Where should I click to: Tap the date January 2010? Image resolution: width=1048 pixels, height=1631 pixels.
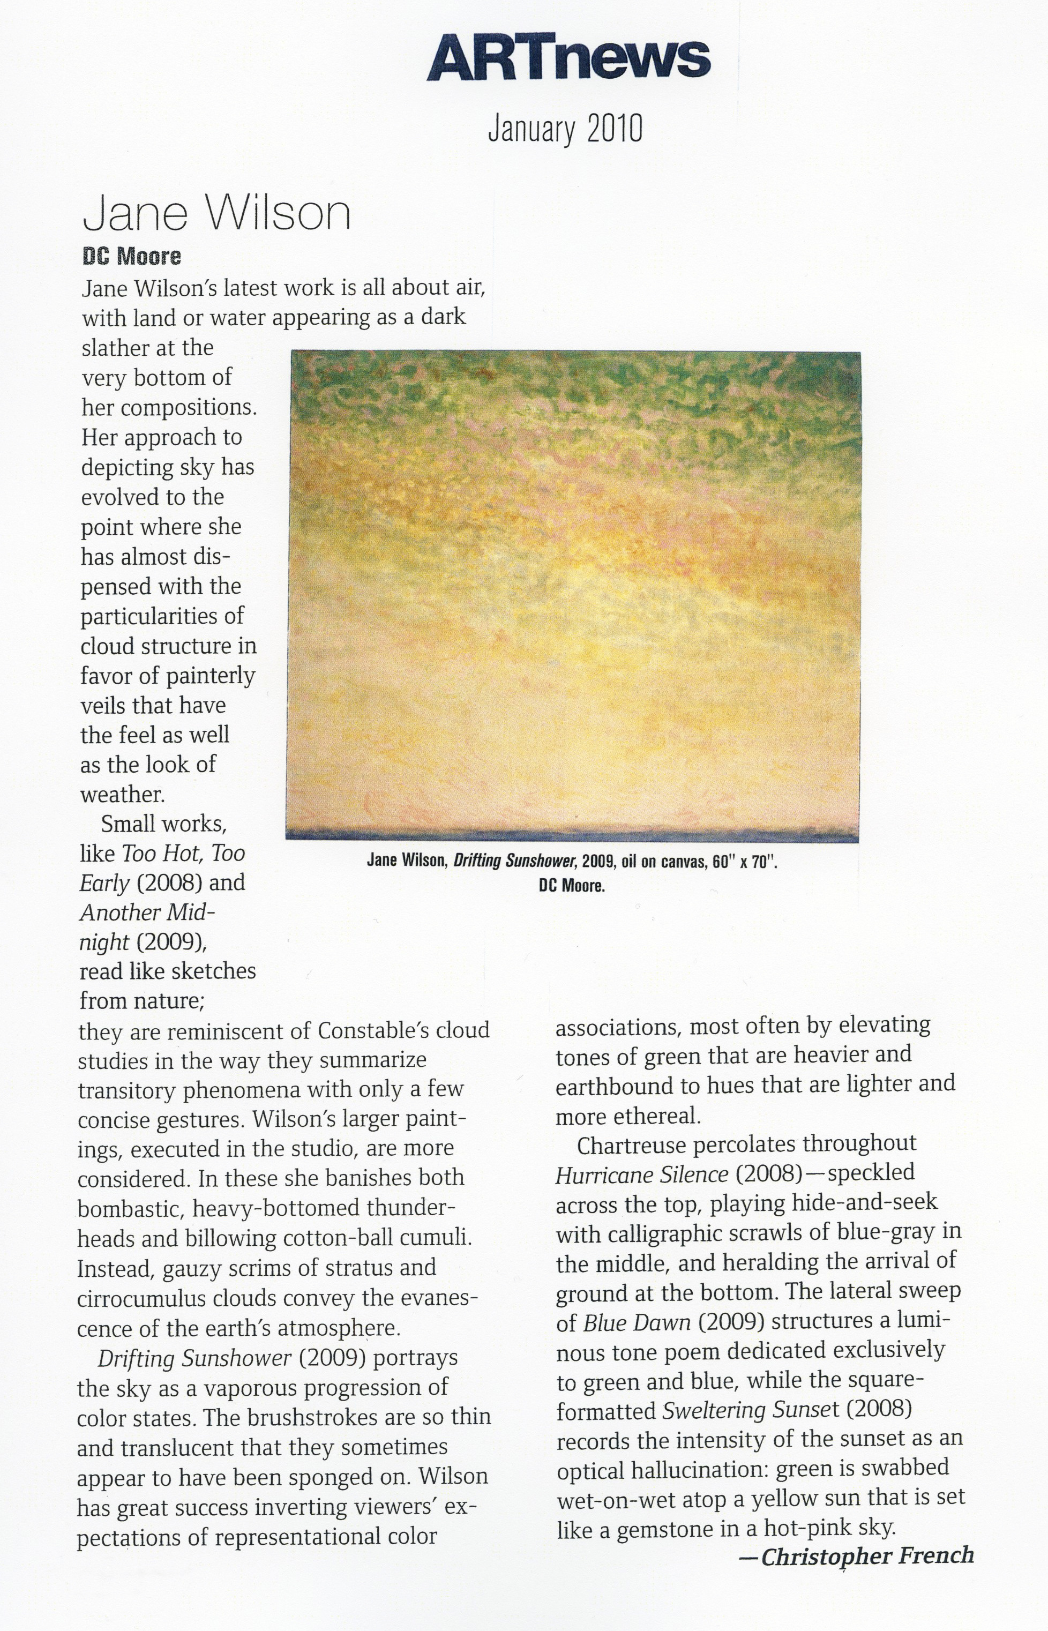pyautogui.click(x=565, y=129)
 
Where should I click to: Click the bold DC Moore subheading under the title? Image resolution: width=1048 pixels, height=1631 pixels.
pyautogui.click(x=131, y=257)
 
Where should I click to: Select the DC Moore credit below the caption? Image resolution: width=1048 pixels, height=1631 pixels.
pyautogui.click(x=572, y=886)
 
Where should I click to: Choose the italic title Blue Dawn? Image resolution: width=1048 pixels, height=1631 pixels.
pyautogui.click(x=637, y=1322)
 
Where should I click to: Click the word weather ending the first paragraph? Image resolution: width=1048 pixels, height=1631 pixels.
pyautogui.click(x=123, y=794)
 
